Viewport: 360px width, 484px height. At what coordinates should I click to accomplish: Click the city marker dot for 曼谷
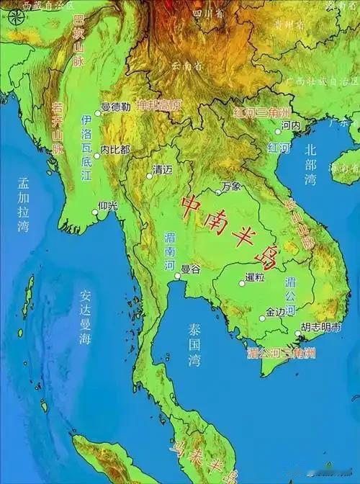pyautogui.click(x=177, y=274)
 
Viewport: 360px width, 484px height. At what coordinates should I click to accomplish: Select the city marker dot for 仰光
pyautogui.click(x=96, y=212)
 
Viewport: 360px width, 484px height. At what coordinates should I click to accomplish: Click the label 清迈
pyautogui.click(x=162, y=171)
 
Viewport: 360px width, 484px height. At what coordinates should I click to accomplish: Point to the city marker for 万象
pyautogui.click(x=219, y=192)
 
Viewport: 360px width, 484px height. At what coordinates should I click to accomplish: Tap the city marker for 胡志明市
pyautogui.click(x=297, y=333)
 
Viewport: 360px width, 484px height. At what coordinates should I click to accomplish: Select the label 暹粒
pyautogui.click(x=255, y=277)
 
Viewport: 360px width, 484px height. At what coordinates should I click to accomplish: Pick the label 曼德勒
pyautogui.click(x=115, y=107)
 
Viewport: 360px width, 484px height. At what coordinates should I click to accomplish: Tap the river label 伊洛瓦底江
pyautogui.click(x=86, y=148)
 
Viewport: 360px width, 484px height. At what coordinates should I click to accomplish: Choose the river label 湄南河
pyautogui.click(x=170, y=249)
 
